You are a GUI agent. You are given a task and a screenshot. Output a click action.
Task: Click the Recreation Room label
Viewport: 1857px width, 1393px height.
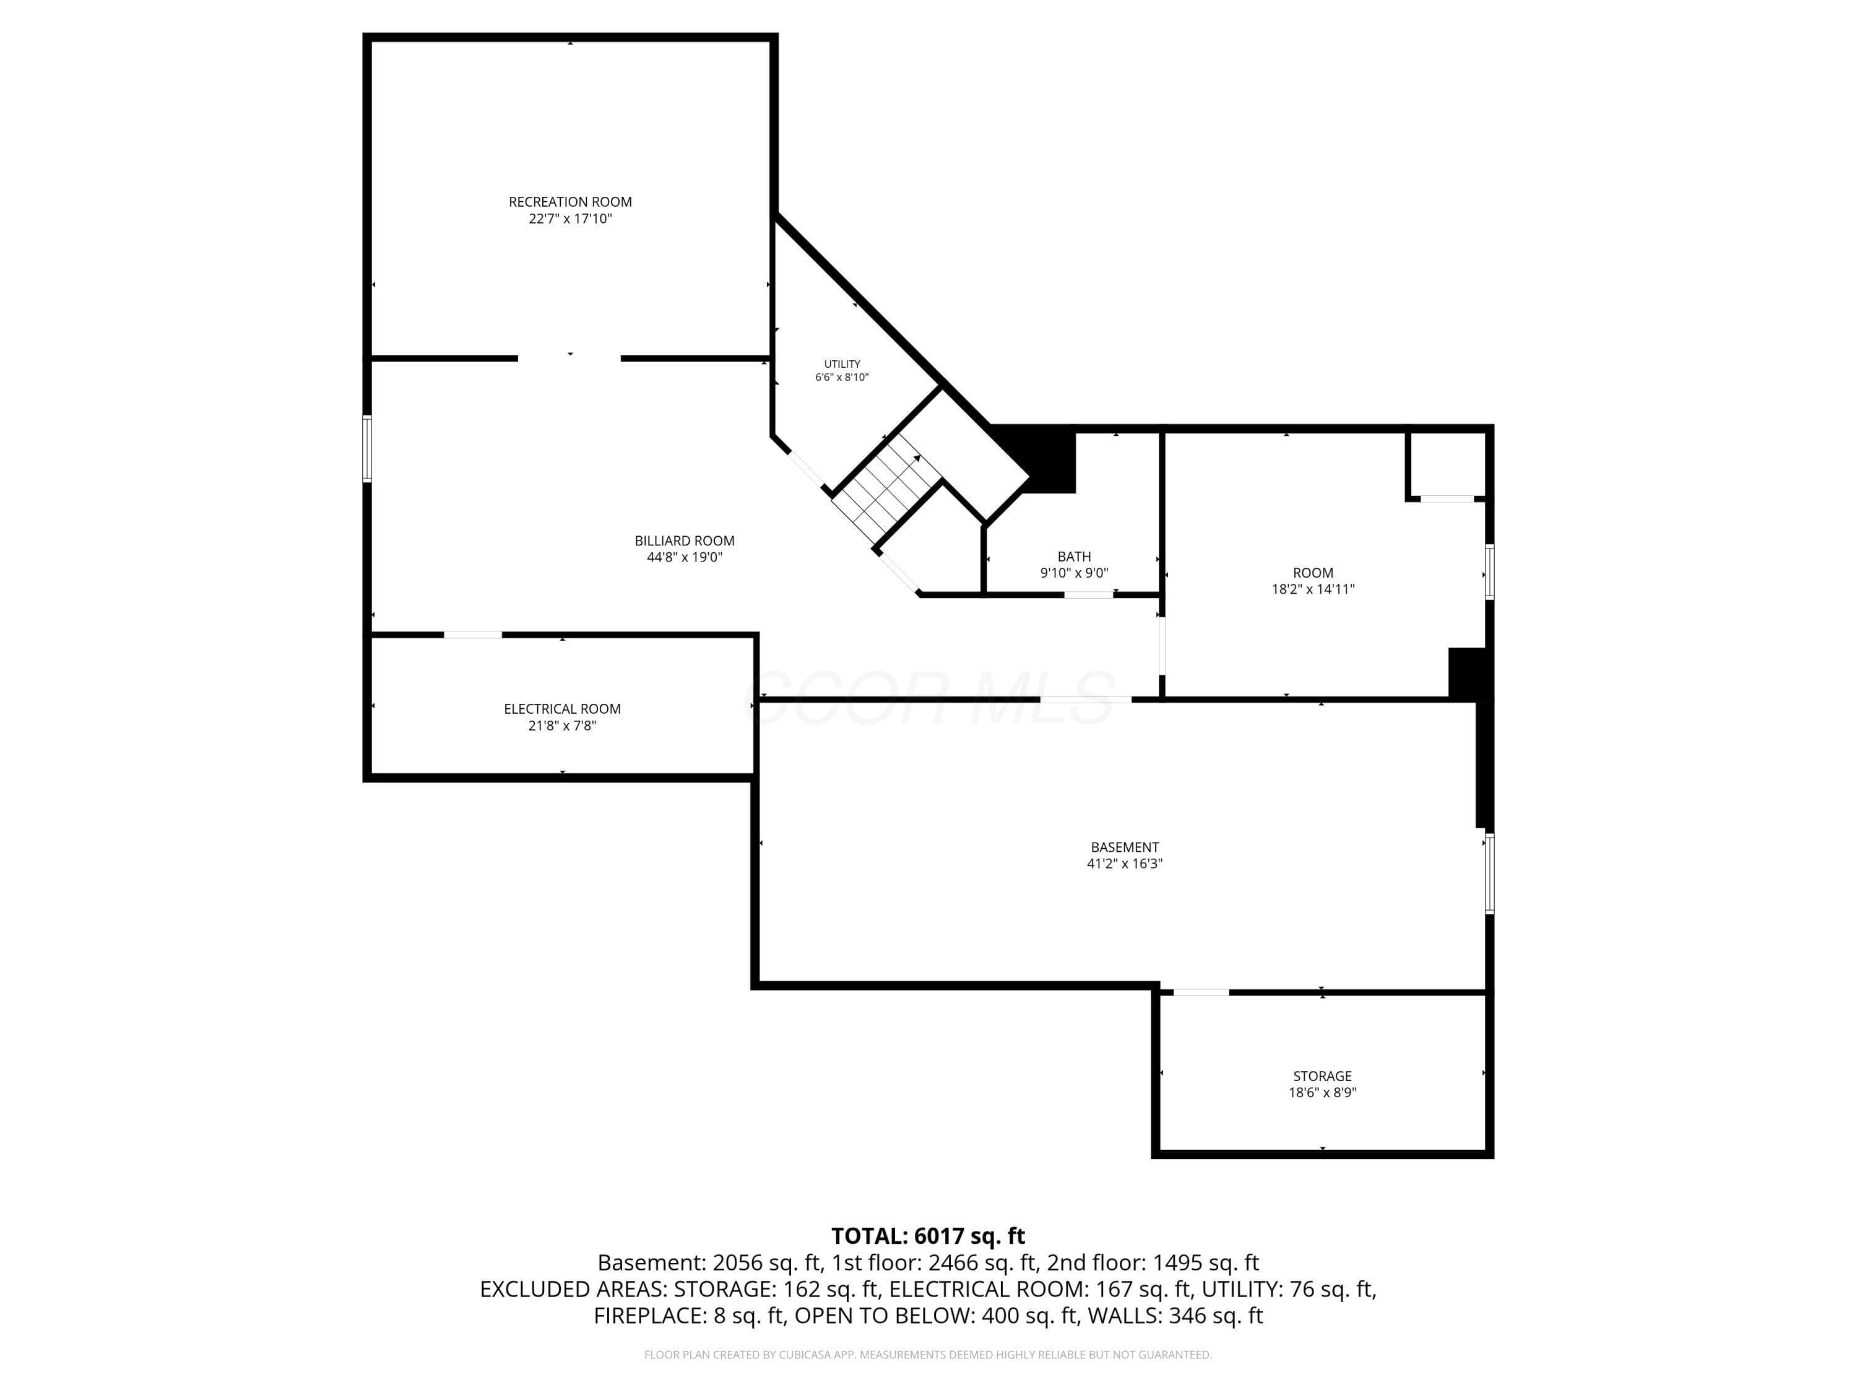(x=570, y=201)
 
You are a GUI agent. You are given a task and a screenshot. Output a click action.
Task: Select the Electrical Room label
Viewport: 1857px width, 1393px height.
(x=561, y=709)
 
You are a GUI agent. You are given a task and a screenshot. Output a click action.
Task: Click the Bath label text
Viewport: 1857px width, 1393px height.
(x=1074, y=557)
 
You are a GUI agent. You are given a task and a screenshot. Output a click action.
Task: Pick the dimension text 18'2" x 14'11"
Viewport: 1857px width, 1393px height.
(x=1313, y=589)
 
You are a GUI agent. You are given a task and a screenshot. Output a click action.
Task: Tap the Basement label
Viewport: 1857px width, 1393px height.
(x=1125, y=847)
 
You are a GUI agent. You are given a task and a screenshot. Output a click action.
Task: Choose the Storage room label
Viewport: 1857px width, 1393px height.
(x=1322, y=1077)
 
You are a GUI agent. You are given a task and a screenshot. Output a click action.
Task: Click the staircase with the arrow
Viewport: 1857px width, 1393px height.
(x=888, y=490)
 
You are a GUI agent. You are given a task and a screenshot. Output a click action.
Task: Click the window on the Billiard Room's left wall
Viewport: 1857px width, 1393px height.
(x=367, y=448)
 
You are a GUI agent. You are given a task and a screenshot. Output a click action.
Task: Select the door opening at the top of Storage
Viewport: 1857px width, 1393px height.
(x=1200, y=992)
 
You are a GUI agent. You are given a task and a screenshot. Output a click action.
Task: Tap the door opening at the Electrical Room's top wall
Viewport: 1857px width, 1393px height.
(x=473, y=635)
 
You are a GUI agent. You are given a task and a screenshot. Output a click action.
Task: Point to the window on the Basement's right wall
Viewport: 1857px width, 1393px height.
(x=1489, y=872)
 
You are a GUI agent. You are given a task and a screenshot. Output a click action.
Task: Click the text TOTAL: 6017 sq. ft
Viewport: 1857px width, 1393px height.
(x=928, y=1236)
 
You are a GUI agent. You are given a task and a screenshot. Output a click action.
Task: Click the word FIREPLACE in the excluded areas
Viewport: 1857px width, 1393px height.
(x=647, y=1316)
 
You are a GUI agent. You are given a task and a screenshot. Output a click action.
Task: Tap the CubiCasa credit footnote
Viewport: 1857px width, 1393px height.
(x=928, y=1355)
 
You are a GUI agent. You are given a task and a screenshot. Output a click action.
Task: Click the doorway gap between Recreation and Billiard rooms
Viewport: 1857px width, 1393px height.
(x=569, y=358)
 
